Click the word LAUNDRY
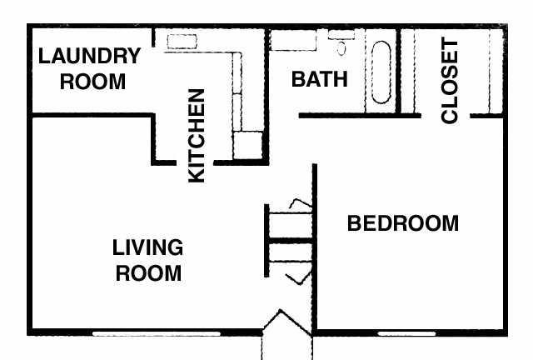click(89, 56)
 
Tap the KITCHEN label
click(197, 136)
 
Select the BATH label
click(320, 79)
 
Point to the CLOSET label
click(450, 80)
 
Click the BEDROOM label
click(403, 223)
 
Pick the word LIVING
click(147, 247)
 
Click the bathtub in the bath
click(381, 72)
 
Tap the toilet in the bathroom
click(341, 43)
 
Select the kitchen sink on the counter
click(182, 42)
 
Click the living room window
click(157, 334)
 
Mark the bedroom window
click(406, 334)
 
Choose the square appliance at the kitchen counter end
click(248, 145)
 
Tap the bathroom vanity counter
click(293, 41)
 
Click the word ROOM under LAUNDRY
click(92, 82)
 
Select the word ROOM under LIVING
click(148, 272)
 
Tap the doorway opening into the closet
click(446, 116)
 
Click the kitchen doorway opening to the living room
click(195, 162)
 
